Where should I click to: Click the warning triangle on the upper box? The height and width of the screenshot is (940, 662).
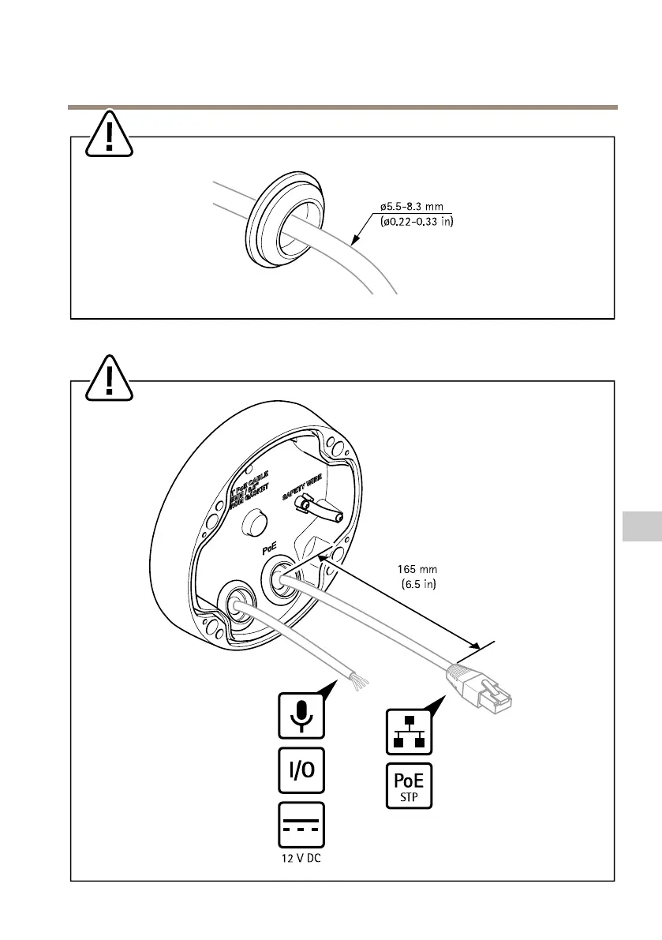110,133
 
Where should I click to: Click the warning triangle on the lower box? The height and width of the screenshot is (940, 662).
110,376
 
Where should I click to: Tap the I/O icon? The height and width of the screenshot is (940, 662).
301,769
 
